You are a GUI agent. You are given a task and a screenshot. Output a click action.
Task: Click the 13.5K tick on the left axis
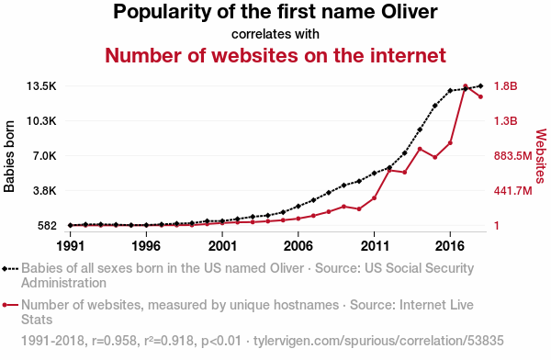[41, 86]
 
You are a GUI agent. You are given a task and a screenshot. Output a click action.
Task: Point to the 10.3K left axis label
[41, 121]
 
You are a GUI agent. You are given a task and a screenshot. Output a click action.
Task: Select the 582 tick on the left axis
[47, 225]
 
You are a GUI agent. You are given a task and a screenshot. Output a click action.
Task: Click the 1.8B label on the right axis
[506, 86]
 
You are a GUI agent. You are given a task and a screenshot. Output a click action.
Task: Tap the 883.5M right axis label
[513, 156]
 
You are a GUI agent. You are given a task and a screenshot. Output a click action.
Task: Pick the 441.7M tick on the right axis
[513, 190]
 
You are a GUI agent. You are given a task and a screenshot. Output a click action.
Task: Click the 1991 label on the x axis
[71, 246]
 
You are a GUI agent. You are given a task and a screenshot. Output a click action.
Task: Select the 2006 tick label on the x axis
[298, 246]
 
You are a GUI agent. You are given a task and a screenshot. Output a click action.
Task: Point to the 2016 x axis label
[450, 246]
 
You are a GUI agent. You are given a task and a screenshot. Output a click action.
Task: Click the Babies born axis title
[9, 156]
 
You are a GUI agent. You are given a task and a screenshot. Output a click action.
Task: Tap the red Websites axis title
[541, 156]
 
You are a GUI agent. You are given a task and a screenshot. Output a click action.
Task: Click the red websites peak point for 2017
[466, 86]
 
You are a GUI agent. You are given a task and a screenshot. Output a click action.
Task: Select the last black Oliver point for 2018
[480, 85]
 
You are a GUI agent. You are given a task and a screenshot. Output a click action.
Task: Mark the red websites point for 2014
[420, 149]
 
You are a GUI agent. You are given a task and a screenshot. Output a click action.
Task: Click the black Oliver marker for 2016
[450, 91]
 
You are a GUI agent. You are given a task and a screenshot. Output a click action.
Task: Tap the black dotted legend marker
[10, 269]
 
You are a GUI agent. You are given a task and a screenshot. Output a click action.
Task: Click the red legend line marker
[10, 305]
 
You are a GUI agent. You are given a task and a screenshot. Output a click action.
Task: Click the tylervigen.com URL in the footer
[378, 341]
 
